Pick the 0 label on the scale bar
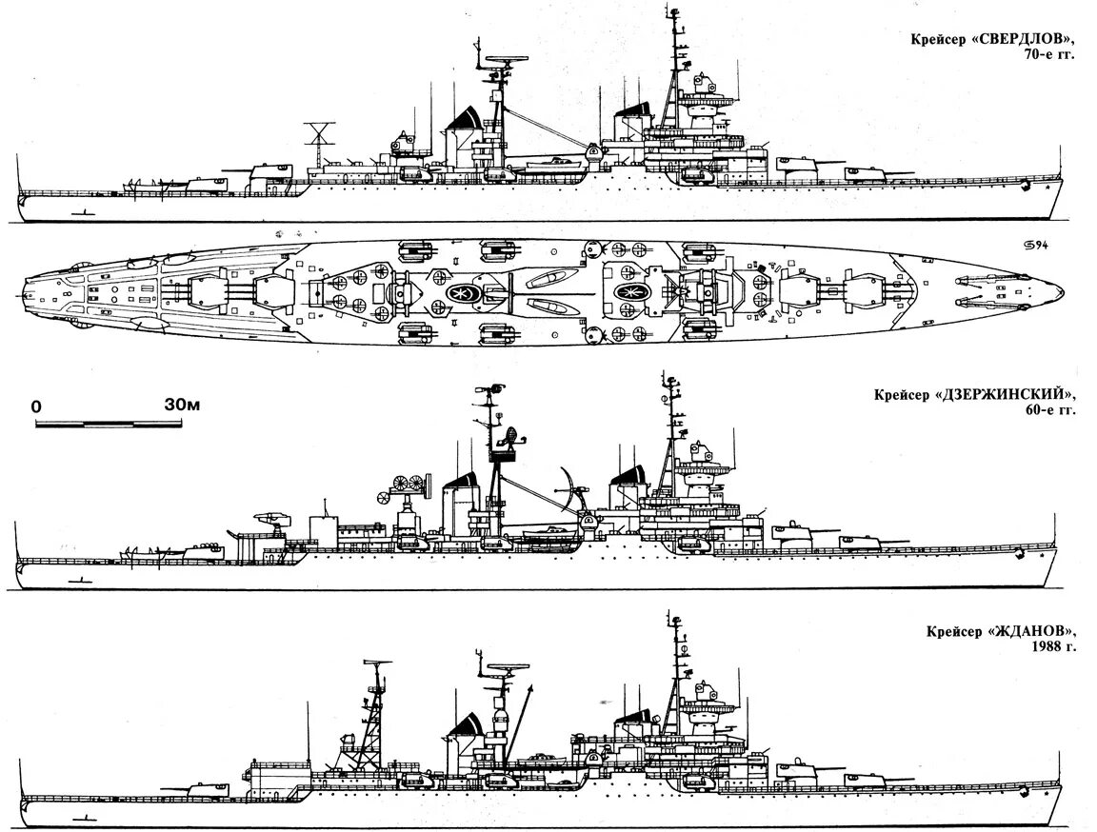(x=36, y=406)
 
